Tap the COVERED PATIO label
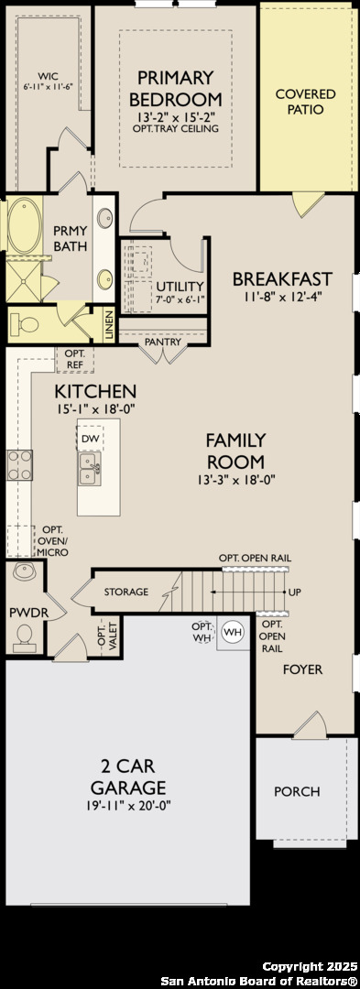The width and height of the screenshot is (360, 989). [306, 102]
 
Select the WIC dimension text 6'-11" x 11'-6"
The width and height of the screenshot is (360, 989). [49, 86]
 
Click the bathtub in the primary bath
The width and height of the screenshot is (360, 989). [24, 224]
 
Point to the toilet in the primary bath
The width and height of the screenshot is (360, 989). [27, 325]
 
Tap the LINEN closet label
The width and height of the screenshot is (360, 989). [109, 326]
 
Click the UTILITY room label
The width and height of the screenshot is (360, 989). [180, 287]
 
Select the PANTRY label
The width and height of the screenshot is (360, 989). [163, 342]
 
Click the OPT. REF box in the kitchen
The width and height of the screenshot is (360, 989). [75, 360]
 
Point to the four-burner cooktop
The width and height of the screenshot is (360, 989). [19, 465]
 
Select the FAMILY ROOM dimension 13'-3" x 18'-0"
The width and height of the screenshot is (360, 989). [236, 479]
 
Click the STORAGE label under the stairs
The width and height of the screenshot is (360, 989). [126, 592]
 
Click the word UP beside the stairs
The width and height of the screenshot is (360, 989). [294, 592]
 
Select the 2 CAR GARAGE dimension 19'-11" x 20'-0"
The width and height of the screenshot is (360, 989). [128, 806]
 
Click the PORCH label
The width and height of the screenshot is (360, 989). [297, 791]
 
